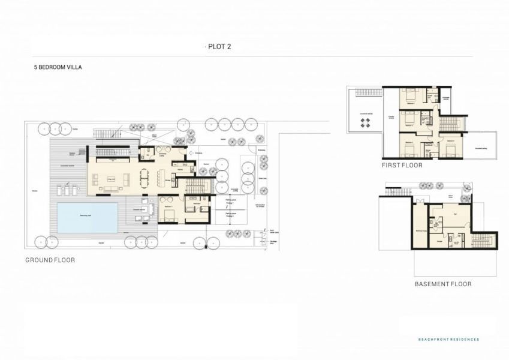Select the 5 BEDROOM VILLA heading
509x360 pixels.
pyautogui.click(x=58, y=68)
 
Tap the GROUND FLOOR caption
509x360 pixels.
pyautogui.click(x=50, y=260)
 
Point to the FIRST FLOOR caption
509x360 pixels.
pyautogui.click(x=402, y=165)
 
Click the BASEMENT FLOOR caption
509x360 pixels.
pyautogui.click(x=442, y=284)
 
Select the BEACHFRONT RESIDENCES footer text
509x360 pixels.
pyautogui.click(x=448, y=340)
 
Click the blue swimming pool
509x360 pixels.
pyautogui.click(x=88, y=217)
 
